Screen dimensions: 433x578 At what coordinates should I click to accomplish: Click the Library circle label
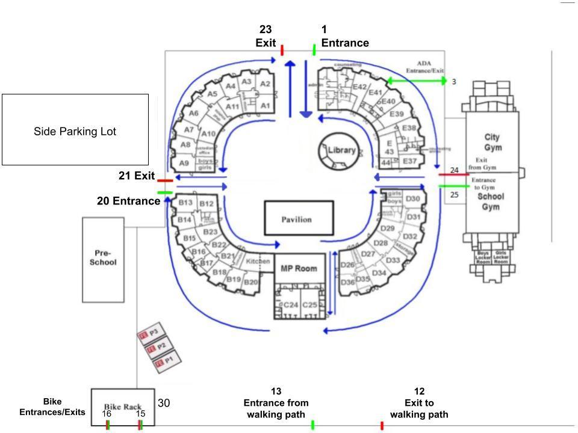(x=341, y=150)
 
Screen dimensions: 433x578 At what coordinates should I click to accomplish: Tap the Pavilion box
(x=299, y=219)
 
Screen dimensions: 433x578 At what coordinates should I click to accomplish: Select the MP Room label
(x=299, y=268)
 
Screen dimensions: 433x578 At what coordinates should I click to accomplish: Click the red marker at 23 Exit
(x=282, y=50)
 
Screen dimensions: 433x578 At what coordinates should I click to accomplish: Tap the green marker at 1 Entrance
(x=314, y=50)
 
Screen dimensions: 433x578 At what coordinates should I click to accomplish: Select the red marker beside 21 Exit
(x=164, y=180)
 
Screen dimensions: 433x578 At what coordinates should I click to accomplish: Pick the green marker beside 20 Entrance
(x=164, y=192)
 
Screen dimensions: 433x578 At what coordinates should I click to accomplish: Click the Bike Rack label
(x=123, y=407)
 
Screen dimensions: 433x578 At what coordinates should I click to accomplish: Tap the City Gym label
(x=492, y=143)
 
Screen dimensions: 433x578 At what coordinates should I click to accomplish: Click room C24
(x=291, y=306)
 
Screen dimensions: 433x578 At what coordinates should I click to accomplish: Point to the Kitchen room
(x=258, y=262)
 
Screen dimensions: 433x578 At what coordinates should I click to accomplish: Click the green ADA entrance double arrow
(x=417, y=81)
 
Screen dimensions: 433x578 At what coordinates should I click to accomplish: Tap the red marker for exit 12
(x=382, y=426)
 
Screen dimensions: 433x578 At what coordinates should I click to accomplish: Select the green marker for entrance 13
(x=312, y=425)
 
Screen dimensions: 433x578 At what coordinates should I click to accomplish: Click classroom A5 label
(x=212, y=94)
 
